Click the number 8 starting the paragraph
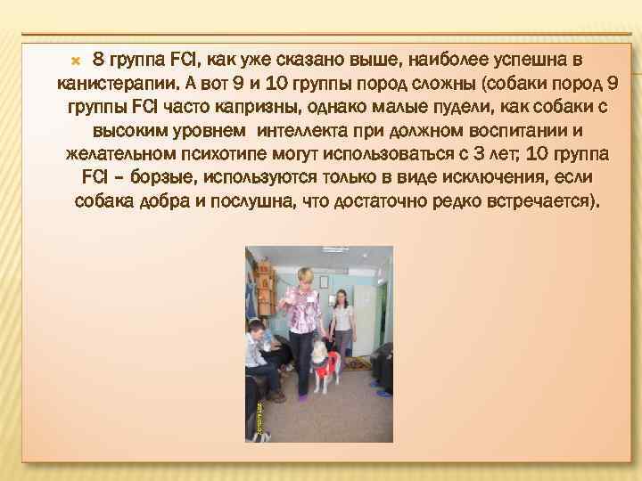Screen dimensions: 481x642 [98, 61]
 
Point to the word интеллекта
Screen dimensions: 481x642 [299, 131]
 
